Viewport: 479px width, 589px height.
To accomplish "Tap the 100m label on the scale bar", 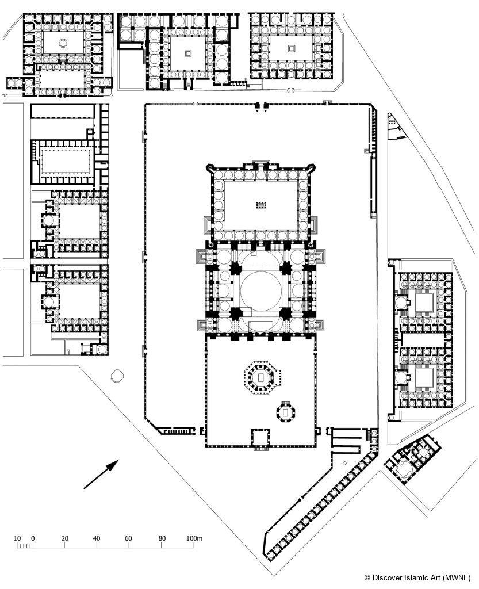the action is click(194, 538).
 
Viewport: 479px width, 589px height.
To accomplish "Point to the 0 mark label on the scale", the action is click(33, 538).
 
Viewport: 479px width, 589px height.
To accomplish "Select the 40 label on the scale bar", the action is click(97, 538).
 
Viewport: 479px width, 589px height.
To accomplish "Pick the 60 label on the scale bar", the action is click(128, 538).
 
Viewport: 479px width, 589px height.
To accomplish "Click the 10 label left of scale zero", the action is click(17, 538).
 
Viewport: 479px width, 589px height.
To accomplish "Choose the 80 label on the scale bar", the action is click(162, 538).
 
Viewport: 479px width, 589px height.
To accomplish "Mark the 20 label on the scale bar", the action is click(64, 538).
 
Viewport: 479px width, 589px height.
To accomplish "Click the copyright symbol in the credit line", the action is click(367, 577).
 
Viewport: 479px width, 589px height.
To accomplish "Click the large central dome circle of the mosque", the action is click(260, 290).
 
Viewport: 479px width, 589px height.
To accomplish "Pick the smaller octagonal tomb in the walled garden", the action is click(286, 412).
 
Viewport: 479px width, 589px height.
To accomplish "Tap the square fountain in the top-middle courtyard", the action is click(188, 53).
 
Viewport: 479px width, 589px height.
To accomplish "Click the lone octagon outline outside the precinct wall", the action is click(117, 376).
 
